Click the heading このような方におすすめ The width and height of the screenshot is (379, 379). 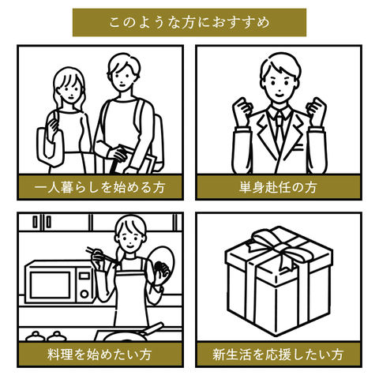pos(189,22)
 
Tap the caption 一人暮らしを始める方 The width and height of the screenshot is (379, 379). pos(99,188)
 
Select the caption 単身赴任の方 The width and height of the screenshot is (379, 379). pos(278,188)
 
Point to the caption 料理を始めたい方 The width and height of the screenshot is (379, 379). pos(99,355)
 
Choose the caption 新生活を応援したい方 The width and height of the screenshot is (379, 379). pos(278,355)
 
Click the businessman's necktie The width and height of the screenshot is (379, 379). pos(280,129)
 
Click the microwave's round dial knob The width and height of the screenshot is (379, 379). pos(84,294)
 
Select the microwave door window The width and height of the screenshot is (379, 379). pos(50,285)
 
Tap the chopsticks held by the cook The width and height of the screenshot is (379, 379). pos(101,254)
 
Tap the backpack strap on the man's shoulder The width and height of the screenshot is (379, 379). pos(140,116)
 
